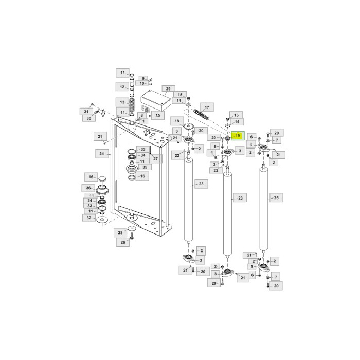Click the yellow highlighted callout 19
[237, 136]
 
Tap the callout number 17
[207, 107]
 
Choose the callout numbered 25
[276, 197]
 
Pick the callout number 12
[122, 86]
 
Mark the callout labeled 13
[122, 102]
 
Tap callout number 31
[87, 111]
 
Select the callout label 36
[89, 188]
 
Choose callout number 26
[123, 242]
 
